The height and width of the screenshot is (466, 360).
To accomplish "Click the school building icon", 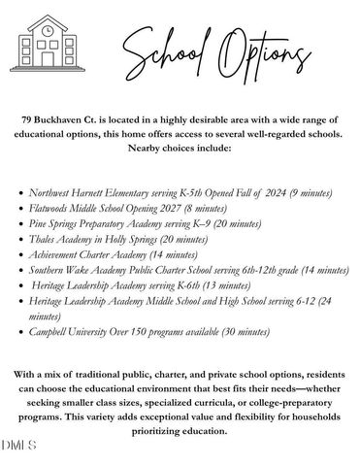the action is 49,41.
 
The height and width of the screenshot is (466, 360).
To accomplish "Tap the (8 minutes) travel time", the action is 222,208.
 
